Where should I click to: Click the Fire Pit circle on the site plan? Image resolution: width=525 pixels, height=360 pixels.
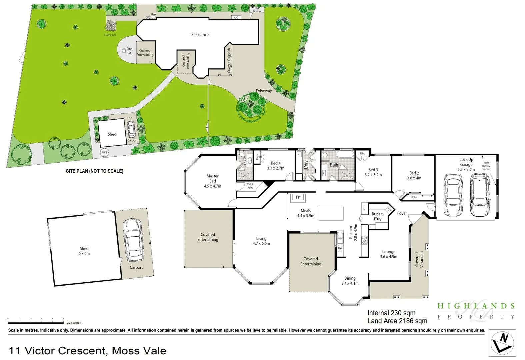pyautogui.click(x=124, y=51)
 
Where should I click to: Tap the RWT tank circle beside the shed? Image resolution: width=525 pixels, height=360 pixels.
pyautogui.click(x=104, y=153)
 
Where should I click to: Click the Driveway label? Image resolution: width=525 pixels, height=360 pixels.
pyautogui.click(x=264, y=91)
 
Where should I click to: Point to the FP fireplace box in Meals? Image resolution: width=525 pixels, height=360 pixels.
pyautogui.click(x=298, y=197)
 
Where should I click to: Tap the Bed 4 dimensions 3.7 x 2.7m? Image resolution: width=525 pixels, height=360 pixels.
pyautogui.click(x=276, y=168)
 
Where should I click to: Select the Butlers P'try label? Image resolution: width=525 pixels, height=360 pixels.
pyautogui.click(x=378, y=216)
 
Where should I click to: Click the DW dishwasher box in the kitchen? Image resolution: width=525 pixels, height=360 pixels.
pyautogui.click(x=340, y=248)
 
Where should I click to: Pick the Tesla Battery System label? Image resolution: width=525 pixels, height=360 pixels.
pyautogui.click(x=486, y=166)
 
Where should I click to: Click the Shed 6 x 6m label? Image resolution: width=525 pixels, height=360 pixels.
pyautogui.click(x=84, y=251)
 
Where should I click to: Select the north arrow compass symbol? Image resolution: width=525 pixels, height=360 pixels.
pyautogui.click(x=502, y=343)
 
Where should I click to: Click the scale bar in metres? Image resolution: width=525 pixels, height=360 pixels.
pyautogui.click(x=36, y=323)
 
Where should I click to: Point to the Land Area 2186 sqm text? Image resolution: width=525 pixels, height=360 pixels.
pyautogui.click(x=397, y=321)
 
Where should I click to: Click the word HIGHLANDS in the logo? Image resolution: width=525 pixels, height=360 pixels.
pyautogui.click(x=476, y=306)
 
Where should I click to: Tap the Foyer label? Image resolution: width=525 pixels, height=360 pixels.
pyautogui.click(x=402, y=213)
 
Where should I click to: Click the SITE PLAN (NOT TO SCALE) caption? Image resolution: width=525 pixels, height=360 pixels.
pyautogui.click(x=95, y=171)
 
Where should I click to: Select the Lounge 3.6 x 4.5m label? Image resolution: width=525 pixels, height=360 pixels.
pyautogui.click(x=389, y=254)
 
